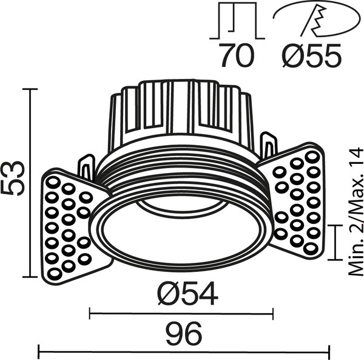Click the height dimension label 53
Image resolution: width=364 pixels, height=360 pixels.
click(13, 178)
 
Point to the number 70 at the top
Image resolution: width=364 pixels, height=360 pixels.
click(236, 58)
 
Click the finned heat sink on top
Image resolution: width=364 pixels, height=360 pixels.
click(180, 115)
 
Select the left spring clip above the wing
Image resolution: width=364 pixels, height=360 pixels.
click(86, 168)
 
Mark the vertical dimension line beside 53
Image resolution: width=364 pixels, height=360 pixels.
click(29, 182)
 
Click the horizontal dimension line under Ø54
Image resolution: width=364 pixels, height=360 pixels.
click(181, 314)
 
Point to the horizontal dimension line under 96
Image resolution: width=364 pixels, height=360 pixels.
click(184, 350)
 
